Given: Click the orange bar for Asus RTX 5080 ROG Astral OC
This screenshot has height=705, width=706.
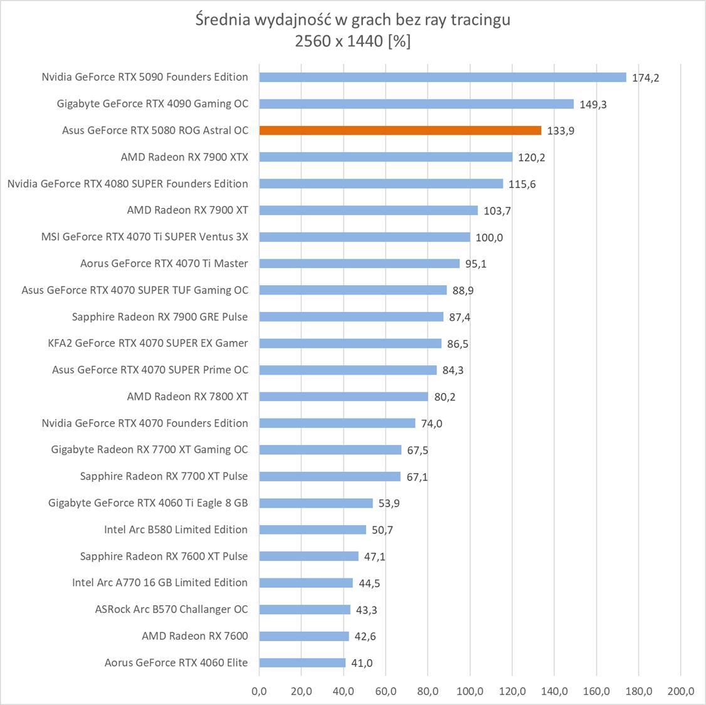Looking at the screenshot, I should (x=400, y=130).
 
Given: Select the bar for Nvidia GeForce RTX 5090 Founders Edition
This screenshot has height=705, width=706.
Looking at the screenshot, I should (x=442, y=77).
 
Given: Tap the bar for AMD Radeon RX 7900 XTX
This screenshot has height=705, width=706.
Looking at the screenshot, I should (x=386, y=157).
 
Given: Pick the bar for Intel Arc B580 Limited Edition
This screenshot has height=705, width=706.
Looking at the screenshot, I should (x=312, y=530).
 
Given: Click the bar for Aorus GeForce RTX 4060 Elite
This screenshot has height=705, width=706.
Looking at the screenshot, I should (x=302, y=663).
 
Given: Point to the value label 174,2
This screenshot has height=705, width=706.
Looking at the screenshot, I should (x=645, y=78).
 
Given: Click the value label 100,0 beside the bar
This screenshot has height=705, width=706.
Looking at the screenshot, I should (x=489, y=238).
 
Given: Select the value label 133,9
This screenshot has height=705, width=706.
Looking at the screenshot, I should (x=561, y=131).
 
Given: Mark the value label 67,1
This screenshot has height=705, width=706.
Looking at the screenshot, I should (x=417, y=477).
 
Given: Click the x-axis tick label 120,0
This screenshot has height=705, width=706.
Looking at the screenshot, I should (x=512, y=691).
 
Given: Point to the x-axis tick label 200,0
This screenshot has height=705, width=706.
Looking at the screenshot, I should (x=681, y=691).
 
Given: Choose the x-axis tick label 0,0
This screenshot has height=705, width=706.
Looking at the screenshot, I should (x=259, y=691).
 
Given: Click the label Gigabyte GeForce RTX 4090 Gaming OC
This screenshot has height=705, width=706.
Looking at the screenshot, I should (x=152, y=103).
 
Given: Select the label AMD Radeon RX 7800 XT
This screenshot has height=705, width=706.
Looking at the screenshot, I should (x=187, y=396).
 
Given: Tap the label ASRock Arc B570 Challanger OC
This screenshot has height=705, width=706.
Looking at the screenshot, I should (x=171, y=609).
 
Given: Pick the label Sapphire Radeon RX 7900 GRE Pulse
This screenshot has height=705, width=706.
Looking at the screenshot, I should (x=160, y=316).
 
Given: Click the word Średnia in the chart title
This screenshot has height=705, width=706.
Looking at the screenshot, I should (x=223, y=20).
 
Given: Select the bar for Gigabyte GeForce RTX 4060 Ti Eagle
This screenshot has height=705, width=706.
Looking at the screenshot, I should (x=316, y=503).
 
